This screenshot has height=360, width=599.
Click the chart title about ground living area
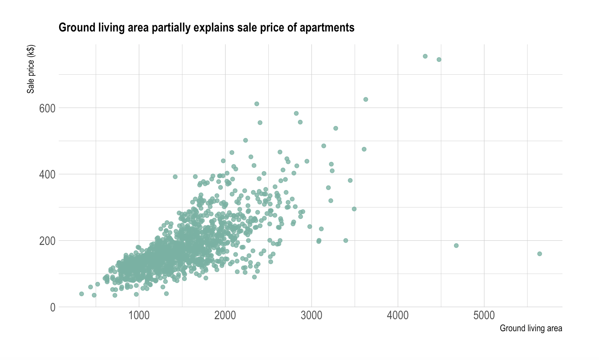coord(206,28)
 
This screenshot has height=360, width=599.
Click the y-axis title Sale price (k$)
coord(31,69)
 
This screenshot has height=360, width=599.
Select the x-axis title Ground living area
coord(531,329)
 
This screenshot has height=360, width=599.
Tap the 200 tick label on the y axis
coord(47,241)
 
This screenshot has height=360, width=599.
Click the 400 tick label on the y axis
coord(47,174)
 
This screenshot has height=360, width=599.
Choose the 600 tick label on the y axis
coord(47,108)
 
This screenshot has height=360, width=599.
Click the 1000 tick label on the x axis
coord(139,315)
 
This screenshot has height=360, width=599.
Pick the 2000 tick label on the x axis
coord(225,315)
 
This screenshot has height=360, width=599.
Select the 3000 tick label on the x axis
coord(312,315)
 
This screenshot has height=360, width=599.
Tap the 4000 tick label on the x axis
coord(398,315)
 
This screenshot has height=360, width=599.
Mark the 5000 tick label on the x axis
coord(484,315)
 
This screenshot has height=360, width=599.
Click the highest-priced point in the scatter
coord(425,56)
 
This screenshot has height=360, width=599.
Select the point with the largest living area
coord(539,254)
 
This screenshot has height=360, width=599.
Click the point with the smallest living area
coord(82,294)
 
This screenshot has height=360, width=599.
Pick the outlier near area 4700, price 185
coord(456,246)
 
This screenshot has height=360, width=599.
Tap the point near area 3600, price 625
coord(366,100)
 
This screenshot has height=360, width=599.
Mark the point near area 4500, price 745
coord(439,59)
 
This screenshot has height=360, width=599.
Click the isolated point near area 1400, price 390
coord(175,177)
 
